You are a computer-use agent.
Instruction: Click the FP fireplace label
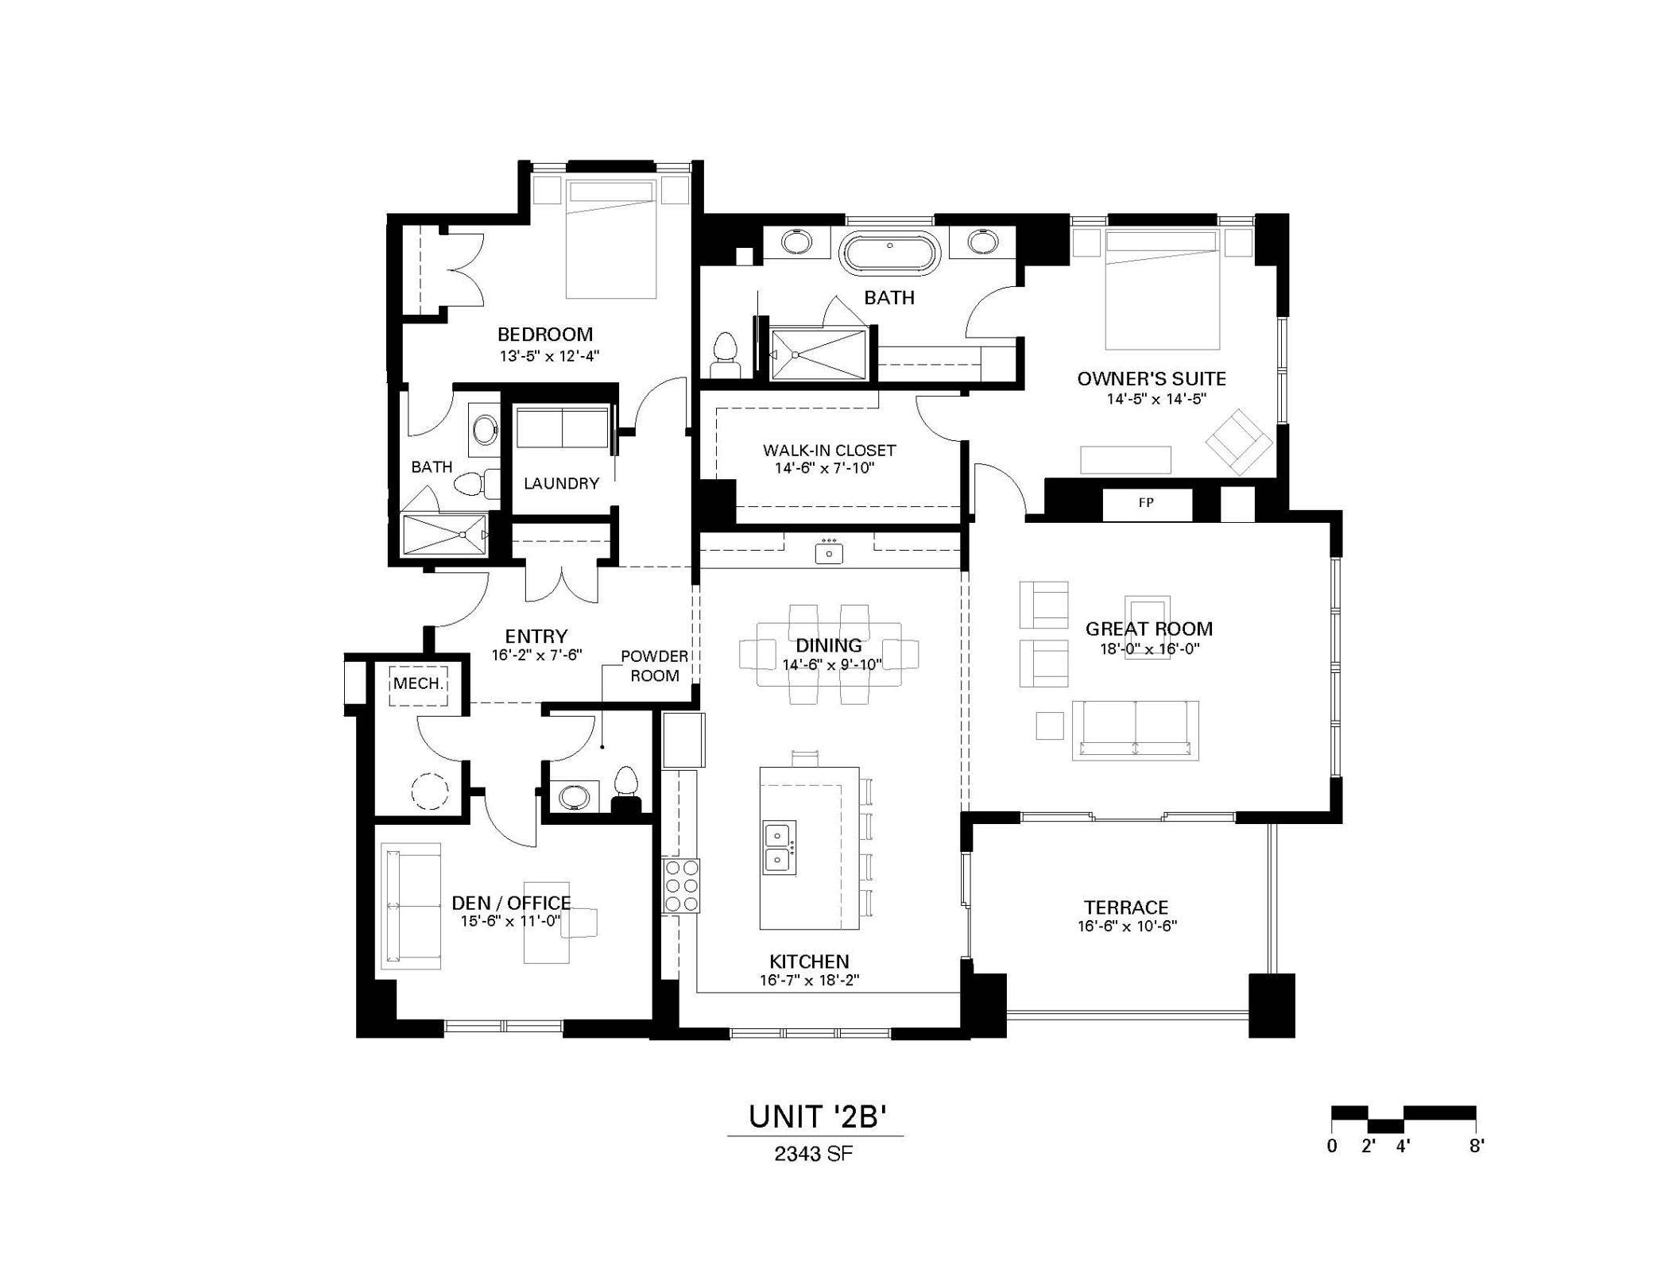(x=1146, y=503)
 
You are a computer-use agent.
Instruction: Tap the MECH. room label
(x=418, y=683)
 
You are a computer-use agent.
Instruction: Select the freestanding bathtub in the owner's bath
(x=889, y=253)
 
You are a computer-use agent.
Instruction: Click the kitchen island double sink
(x=779, y=848)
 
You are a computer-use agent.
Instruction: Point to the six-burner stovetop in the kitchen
(x=682, y=885)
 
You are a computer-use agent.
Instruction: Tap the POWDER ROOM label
(x=655, y=666)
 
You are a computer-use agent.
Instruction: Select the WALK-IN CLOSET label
(x=829, y=451)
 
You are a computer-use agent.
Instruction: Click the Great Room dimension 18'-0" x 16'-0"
(x=1149, y=648)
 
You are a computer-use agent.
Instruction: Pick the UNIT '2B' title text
(x=816, y=1116)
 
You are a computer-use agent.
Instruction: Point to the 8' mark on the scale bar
(x=1476, y=1147)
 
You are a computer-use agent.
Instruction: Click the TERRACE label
(x=1125, y=907)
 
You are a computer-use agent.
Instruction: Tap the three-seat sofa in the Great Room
(x=1135, y=729)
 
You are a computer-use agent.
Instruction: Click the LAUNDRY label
(x=561, y=483)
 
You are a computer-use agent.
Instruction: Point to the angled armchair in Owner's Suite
(x=1238, y=442)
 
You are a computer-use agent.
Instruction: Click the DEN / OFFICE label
(x=511, y=903)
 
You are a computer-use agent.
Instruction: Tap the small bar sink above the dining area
(x=829, y=551)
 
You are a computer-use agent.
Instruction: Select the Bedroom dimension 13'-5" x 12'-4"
(x=548, y=356)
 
